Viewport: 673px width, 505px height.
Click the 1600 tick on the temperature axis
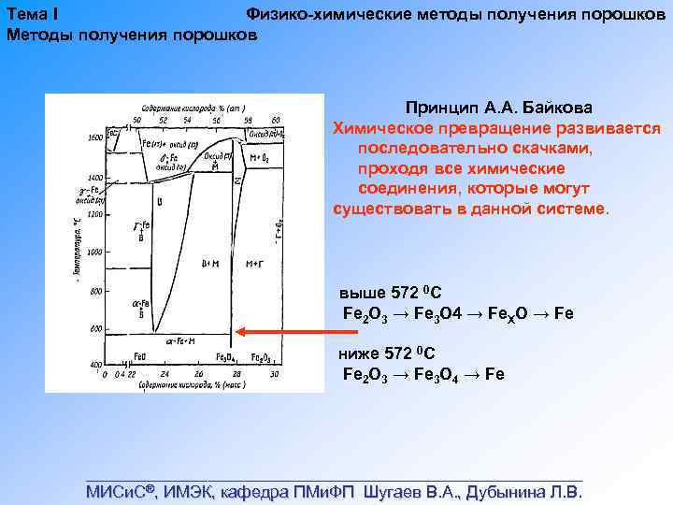(x=95, y=137)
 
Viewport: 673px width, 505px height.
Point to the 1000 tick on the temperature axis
(x=95, y=252)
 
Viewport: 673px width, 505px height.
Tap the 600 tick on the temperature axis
(x=95, y=329)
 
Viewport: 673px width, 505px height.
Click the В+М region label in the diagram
(x=211, y=265)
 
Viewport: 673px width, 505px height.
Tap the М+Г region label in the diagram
(x=254, y=265)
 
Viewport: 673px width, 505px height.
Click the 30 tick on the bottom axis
(x=274, y=374)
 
